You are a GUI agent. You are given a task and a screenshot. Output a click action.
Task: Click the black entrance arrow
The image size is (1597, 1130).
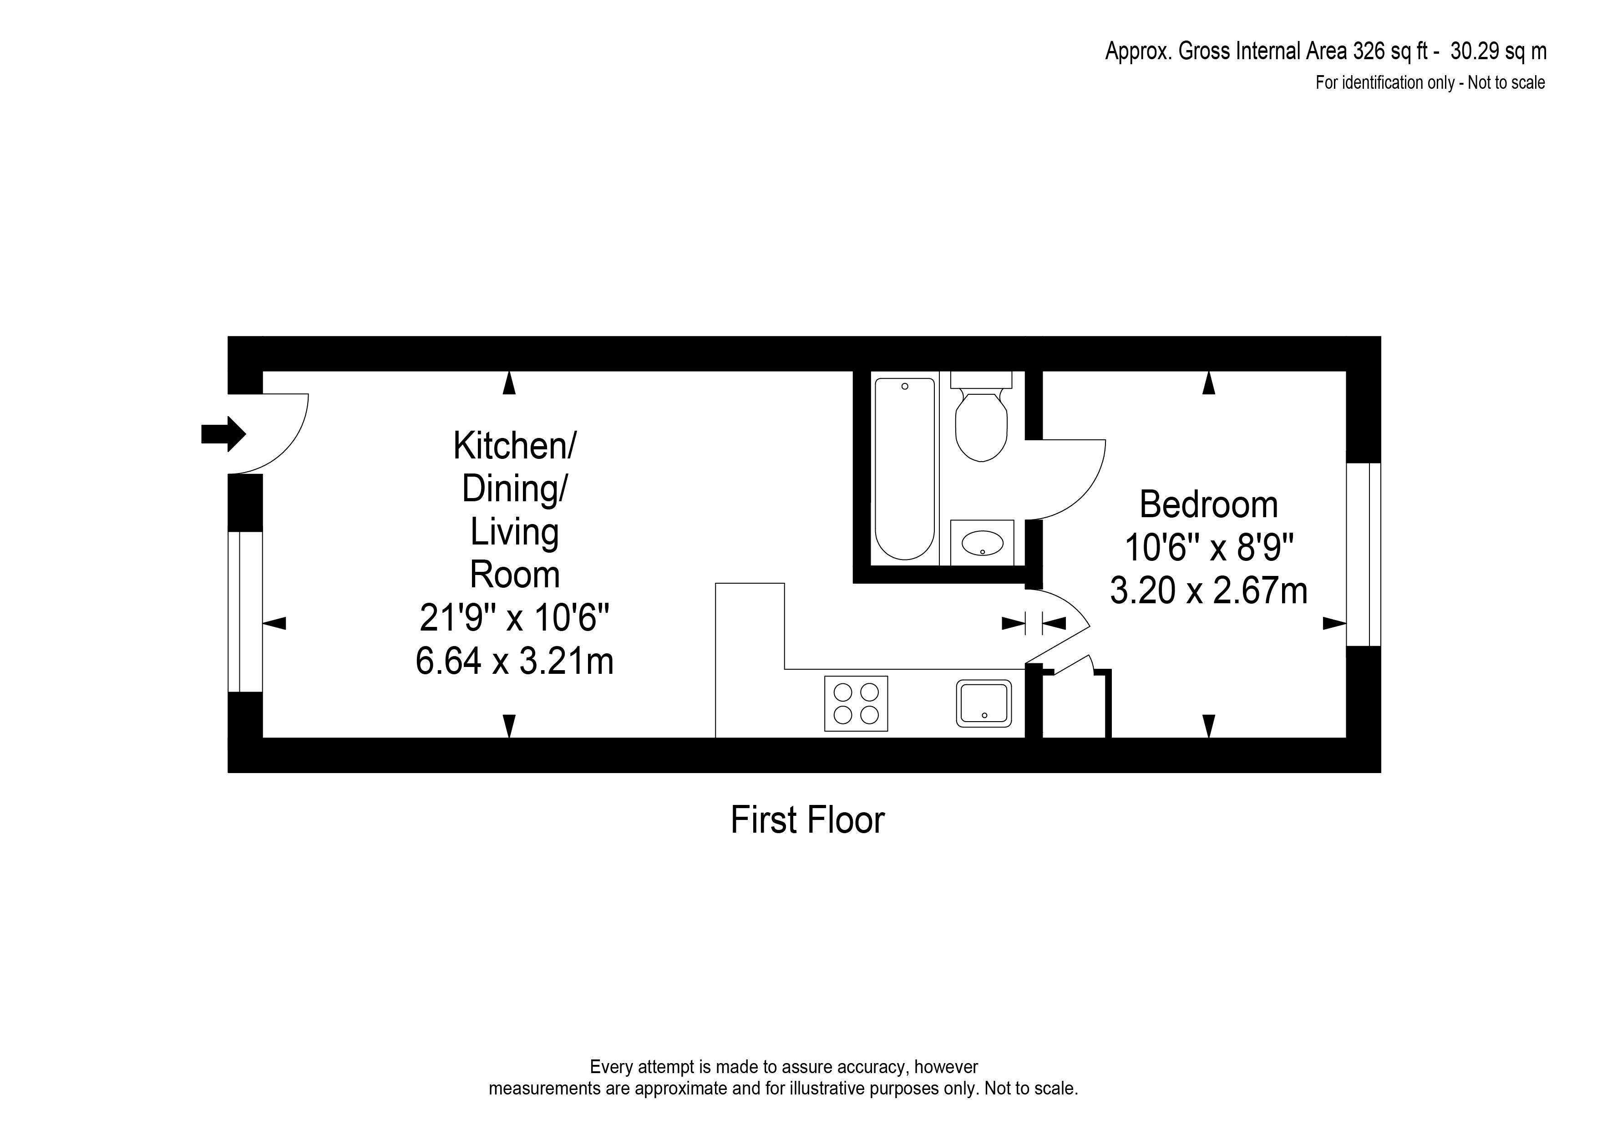pyautogui.click(x=223, y=434)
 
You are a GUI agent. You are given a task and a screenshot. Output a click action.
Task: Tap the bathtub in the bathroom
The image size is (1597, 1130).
pyautogui.click(x=905, y=469)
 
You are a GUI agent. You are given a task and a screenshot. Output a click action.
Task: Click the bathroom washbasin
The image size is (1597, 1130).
pyautogui.click(x=982, y=543)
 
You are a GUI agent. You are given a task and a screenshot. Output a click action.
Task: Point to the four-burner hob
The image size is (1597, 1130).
pyautogui.click(x=856, y=703)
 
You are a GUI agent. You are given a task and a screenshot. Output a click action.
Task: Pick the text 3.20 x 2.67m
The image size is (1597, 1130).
pyautogui.click(x=1208, y=591)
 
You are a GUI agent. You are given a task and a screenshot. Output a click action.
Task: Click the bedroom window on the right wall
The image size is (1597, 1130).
pyautogui.click(x=1363, y=555)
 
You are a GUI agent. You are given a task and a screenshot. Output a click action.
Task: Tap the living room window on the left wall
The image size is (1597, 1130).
pyautogui.click(x=245, y=611)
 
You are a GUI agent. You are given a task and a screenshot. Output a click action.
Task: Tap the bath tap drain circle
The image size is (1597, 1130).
pyautogui.click(x=905, y=386)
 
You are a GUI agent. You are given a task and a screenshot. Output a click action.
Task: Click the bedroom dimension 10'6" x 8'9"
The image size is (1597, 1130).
pyautogui.click(x=1208, y=548)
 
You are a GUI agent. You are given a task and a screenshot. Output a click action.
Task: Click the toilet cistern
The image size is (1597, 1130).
pyautogui.click(x=981, y=379)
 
